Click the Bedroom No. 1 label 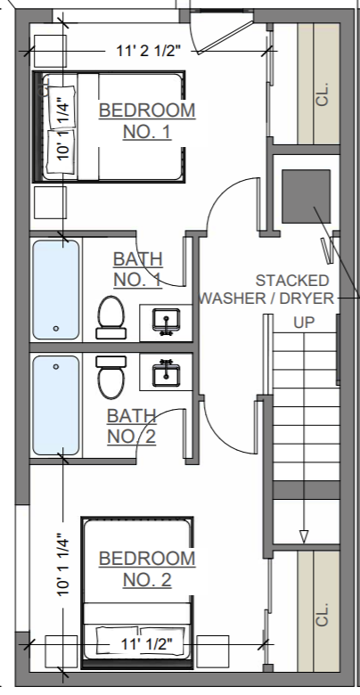coord(147,120)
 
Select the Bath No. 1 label coord(138,269)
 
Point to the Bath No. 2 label coord(132,427)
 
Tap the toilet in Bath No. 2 coord(110,378)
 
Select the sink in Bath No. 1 coord(167,322)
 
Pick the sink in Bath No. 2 coord(167,372)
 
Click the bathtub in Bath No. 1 coord(56,290)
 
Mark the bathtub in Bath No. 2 coord(56,405)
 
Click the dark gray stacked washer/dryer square coord(307,196)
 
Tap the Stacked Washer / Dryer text coord(267,289)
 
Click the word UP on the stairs coord(304,323)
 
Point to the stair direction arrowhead coord(304,536)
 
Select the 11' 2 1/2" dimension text coord(149,51)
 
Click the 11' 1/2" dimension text coord(147,643)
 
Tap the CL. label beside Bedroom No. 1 coord(323,94)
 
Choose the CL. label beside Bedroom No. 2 coord(323,614)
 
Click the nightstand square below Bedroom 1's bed coord(50,202)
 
